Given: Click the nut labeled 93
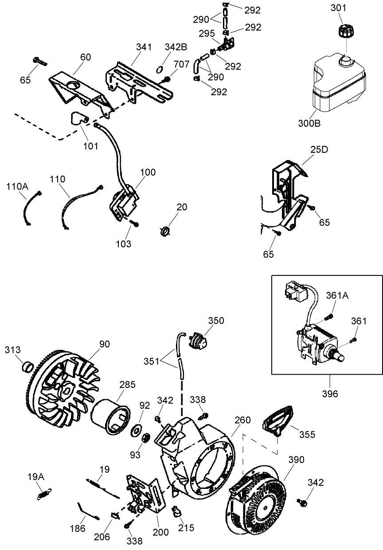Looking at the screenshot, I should tap(145, 440).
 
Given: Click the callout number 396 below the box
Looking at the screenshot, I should tap(330, 393).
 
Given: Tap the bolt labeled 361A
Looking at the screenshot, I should tap(328, 317).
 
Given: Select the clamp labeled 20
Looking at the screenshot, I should tap(165, 231).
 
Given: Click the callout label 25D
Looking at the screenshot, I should tap(319, 150).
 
